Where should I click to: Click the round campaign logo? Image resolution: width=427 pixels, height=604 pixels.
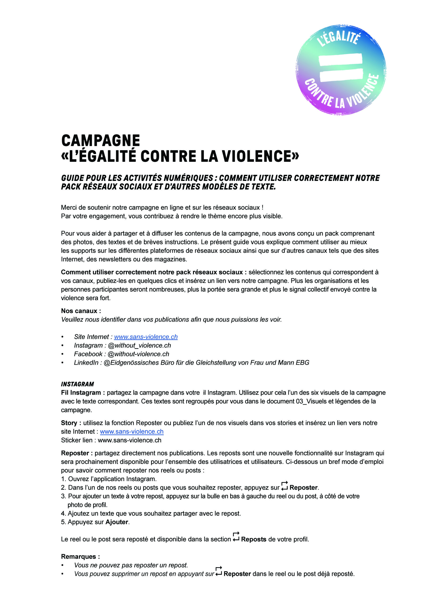tap(341, 70)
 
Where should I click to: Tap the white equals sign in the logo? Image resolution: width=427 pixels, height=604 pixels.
tap(341, 68)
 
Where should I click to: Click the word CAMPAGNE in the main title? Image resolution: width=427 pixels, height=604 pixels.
tap(100, 141)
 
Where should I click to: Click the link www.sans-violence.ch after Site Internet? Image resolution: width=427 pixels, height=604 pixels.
tap(146, 337)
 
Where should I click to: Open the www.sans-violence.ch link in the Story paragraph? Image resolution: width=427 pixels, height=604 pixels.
tap(132, 432)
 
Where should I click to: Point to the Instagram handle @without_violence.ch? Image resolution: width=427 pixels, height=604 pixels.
tap(139, 345)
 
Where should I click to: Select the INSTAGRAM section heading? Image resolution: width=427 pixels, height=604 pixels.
tap(77, 384)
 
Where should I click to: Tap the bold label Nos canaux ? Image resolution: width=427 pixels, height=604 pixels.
tap(81, 311)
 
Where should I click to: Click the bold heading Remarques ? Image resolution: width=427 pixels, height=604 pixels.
tap(80, 556)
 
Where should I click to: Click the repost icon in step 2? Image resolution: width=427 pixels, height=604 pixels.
tap(285, 486)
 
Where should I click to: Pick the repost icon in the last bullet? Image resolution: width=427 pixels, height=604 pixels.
tap(219, 571)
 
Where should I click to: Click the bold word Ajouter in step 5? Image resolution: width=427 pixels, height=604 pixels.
tap(117, 522)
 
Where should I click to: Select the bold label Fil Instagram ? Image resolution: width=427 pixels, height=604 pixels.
tap(83, 393)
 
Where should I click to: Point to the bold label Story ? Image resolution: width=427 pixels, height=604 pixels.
tap(71, 423)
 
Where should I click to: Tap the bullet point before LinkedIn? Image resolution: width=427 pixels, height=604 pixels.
tap(63, 363)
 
